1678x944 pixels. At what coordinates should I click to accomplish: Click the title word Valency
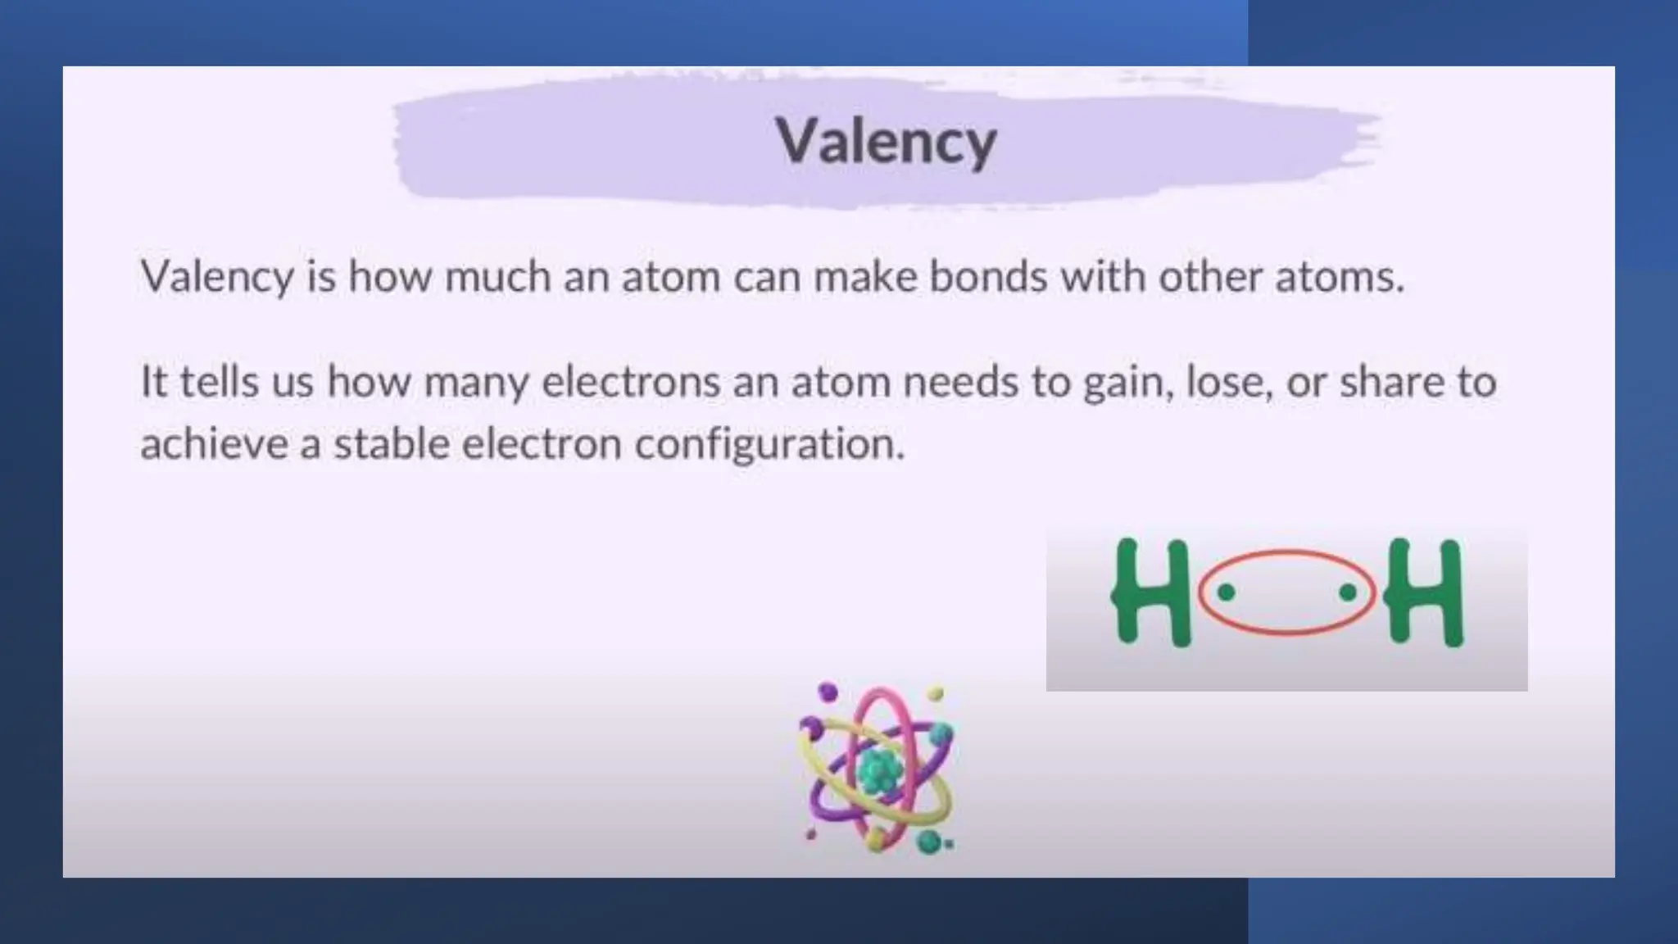point(886,142)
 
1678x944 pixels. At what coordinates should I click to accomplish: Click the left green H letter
point(1150,593)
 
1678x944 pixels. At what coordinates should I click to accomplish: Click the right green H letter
point(1424,593)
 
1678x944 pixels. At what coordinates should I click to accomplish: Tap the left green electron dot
point(1226,592)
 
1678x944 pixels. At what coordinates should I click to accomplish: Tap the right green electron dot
point(1348,592)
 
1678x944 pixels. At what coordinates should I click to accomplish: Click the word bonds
point(989,276)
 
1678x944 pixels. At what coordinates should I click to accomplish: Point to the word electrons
point(631,382)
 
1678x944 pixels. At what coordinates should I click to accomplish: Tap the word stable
point(391,444)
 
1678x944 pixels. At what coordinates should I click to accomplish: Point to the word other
point(1209,276)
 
